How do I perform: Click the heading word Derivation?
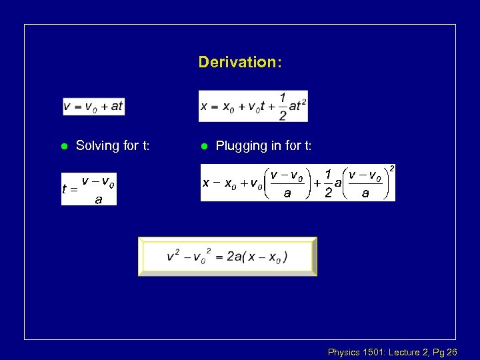click(x=239, y=63)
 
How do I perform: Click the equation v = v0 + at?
click(x=93, y=106)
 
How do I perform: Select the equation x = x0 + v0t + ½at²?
click(x=253, y=106)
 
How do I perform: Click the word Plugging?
click(x=241, y=146)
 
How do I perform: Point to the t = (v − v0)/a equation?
click(x=89, y=189)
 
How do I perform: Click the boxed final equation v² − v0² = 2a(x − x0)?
click(x=227, y=257)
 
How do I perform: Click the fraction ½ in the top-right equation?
click(x=283, y=106)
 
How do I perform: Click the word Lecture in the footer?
click(x=404, y=351)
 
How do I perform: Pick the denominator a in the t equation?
click(x=98, y=199)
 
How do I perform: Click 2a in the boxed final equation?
click(x=234, y=257)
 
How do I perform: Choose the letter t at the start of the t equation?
click(x=65, y=189)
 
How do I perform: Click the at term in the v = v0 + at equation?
click(x=116, y=106)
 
